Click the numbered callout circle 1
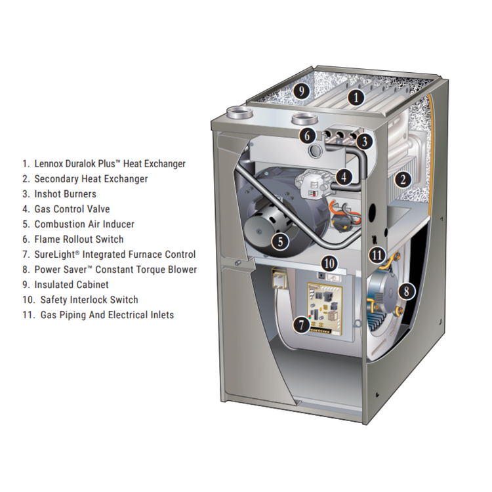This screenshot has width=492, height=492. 356,98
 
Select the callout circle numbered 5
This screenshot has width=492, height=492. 280,241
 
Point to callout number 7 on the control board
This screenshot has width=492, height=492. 302,325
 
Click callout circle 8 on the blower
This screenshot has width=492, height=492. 407,291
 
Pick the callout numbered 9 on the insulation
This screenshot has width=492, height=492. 302,91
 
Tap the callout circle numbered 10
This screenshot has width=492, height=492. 329,263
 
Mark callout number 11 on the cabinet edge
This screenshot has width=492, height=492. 377,255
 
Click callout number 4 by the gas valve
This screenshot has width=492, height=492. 344,177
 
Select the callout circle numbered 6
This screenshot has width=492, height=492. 307,136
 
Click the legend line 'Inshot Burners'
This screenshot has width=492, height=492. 65,194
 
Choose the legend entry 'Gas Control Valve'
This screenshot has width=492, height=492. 72,209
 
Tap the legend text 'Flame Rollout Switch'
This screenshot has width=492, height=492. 79,239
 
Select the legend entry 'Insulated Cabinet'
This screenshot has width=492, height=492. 72,285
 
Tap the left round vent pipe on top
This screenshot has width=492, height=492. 239,112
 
